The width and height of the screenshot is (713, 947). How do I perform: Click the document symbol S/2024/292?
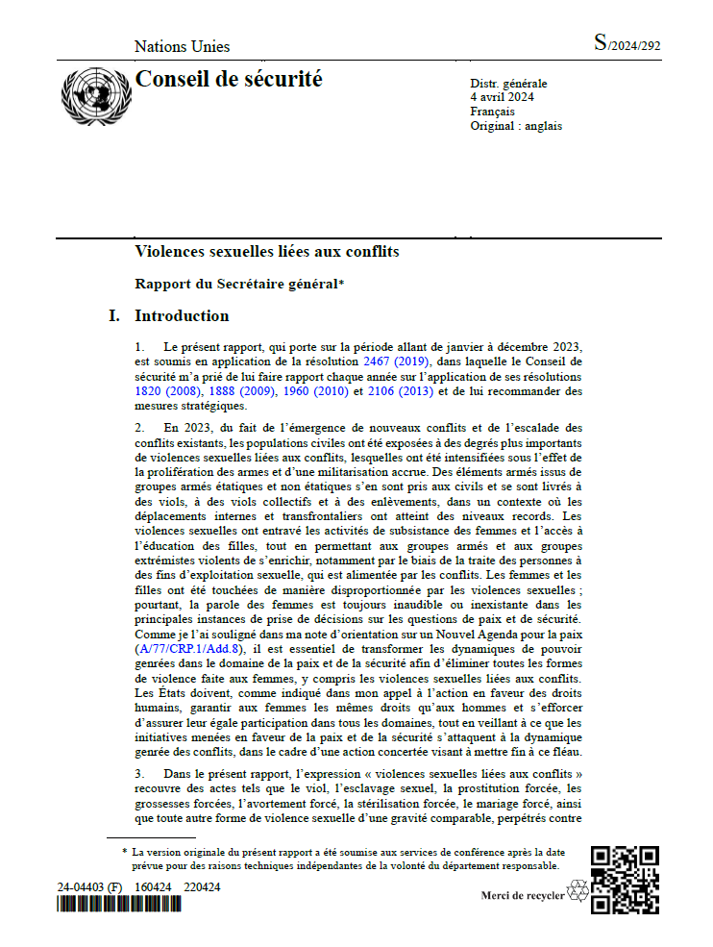(627, 43)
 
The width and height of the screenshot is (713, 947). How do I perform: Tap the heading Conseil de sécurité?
(229, 79)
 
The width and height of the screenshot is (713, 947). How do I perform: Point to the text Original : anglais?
(516, 126)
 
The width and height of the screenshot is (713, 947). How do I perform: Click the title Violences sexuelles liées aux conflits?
(267, 252)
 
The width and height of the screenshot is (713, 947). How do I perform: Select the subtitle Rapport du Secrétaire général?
(239, 284)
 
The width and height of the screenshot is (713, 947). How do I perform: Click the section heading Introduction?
(182, 315)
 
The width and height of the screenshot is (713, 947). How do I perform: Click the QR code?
(625, 879)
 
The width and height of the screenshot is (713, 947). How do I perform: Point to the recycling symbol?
(578, 891)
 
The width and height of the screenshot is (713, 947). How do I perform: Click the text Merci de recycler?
(523, 896)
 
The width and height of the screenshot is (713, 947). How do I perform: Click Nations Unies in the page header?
(183, 46)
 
